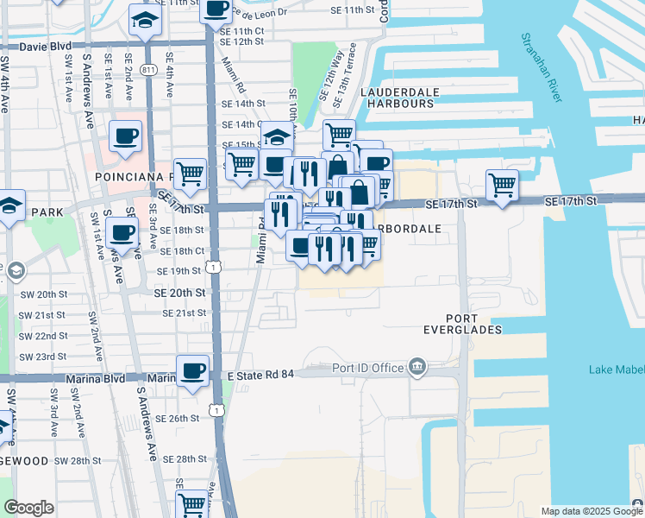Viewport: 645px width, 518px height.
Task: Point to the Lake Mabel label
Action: (616, 370)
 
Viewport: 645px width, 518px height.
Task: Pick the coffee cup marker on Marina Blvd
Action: (193, 370)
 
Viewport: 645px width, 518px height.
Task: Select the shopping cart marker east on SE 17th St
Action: (502, 185)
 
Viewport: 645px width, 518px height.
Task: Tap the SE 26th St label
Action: (178, 419)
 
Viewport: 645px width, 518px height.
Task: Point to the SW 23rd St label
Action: (45, 357)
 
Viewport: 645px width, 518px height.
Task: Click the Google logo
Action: (28, 507)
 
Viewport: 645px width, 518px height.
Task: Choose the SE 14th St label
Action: (242, 103)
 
